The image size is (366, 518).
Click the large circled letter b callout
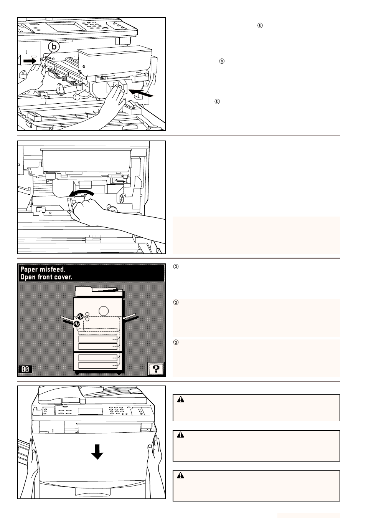coord(54,46)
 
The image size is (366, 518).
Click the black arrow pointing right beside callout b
coord(30,61)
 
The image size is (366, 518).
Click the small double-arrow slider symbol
coord(118,180)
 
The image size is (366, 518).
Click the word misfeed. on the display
coord(52,270)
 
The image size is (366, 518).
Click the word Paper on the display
coord(29,270)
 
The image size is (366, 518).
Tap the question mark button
coord(156,369)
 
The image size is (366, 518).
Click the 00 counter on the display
coord(25,369)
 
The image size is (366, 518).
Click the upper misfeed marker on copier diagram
coord(80,316)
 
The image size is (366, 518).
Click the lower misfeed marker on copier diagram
coord(76,324)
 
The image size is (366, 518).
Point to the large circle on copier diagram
coord(103,310)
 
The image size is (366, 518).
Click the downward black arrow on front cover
coord(97,452)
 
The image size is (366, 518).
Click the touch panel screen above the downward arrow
coord(91,411)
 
